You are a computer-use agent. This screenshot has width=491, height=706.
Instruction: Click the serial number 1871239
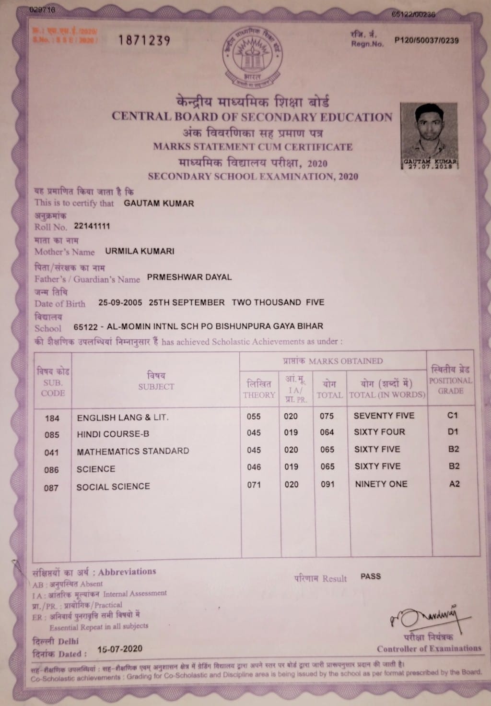coord(144,40)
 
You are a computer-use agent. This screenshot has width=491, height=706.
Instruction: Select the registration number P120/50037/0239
coord(426,41)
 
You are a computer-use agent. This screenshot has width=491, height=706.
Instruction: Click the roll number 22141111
coord(92,226)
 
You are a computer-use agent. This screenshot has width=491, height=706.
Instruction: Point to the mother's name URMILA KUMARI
coord(140,251)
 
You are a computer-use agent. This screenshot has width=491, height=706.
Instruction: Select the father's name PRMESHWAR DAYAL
coord(189,277)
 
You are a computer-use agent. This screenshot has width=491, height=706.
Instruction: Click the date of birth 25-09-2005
coord(120,302)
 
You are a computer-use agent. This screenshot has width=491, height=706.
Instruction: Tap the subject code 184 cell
coord(52,418)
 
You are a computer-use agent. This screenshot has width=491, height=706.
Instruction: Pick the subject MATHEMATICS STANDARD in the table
coord(133,451)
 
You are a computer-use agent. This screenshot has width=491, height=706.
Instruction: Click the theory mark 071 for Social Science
coord(254,485)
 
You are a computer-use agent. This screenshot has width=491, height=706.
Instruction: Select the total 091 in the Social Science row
coord(327,484)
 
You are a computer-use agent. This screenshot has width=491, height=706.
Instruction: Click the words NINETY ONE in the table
coord(381,484)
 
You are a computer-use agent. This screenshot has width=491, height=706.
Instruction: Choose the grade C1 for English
coord(453,415)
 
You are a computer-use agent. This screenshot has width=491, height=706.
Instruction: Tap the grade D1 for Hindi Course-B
coord(453,431)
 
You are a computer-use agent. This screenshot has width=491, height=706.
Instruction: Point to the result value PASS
coord(370,576)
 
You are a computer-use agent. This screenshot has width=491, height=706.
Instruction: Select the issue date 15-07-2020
coord(119,649)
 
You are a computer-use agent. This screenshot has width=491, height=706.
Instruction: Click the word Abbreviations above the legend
coord(127,572)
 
